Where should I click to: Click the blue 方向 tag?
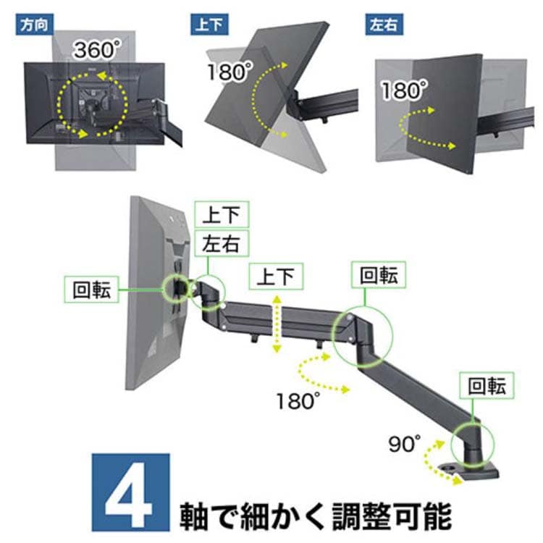34,24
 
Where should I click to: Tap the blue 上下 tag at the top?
209,24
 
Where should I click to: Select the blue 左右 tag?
384,24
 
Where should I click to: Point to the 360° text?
98,49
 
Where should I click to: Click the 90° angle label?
405,443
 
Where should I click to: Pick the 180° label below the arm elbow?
298,400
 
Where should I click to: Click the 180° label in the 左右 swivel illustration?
404,90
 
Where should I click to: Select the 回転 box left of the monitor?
91,290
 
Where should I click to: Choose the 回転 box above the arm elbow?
379,275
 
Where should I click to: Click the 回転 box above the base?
487,385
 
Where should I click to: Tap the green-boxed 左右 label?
222,243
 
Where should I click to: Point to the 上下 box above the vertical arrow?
276,277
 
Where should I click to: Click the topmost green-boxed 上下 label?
222,214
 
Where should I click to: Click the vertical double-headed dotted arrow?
277,324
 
